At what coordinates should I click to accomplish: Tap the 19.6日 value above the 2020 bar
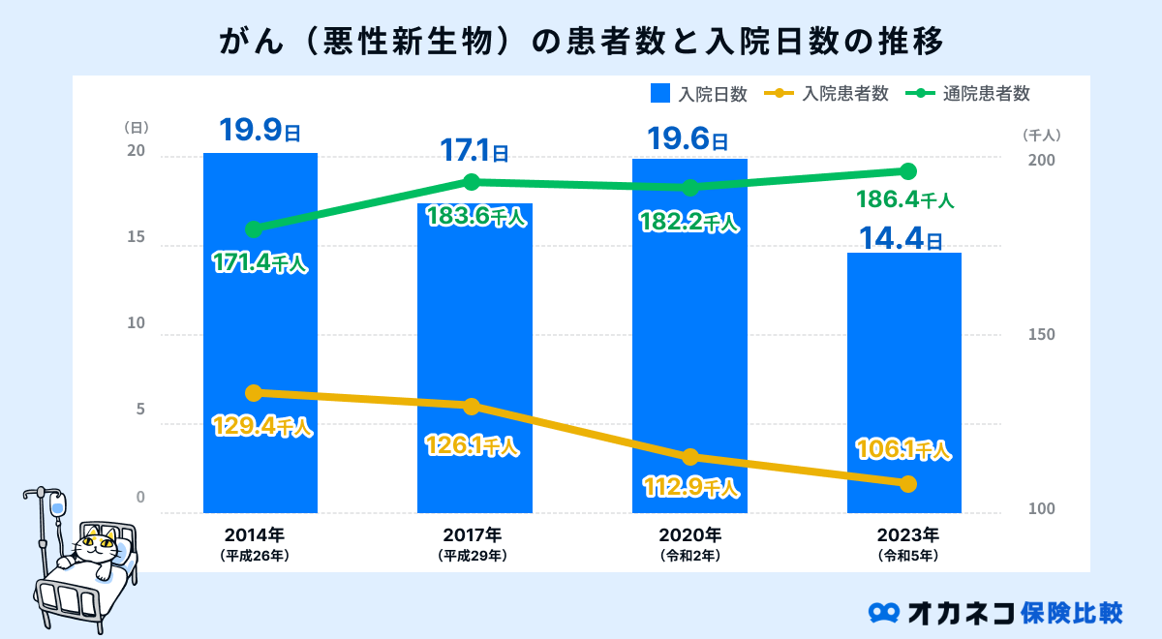pyautogui.click(x=688, y=138)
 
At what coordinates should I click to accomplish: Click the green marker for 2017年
pyautogui.click(x=472, y=182)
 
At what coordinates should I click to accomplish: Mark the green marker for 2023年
pyautogui.click(x=907, y=171)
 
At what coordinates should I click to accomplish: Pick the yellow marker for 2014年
pyautogui.click(x=254, y=393)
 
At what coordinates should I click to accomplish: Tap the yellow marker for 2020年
pyautogui.click(x=689, y=457)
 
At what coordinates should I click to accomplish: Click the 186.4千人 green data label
pyautogui.click(x=905, y=201)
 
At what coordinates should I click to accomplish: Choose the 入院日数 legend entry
pyautogui.click(x=699, y=94)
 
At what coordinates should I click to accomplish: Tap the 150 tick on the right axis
pyautogui.click(x=1042, y=335)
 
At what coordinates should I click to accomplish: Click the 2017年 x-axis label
pyautogui.click(x=473, y=534)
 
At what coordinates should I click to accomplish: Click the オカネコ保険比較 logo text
pyautogui.click(x=1016, y=612)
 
